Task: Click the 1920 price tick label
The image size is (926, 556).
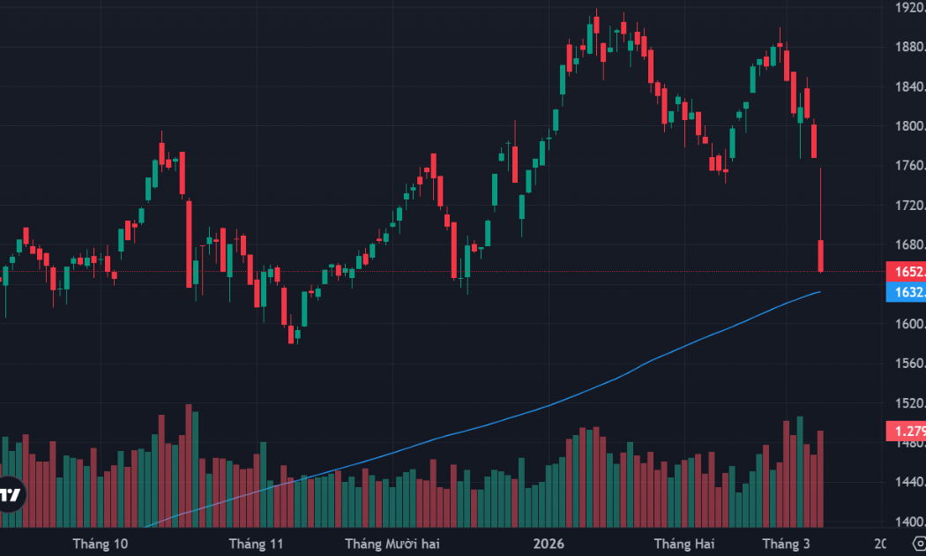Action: coord(908,7)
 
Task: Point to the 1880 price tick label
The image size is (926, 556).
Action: coord(908,47)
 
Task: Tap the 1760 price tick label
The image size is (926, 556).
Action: coord(908,165)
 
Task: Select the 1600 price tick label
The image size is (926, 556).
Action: coord(908,324)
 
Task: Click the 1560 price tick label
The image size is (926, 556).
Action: coord(908,364)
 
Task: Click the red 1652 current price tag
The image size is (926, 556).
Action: coord(906,272)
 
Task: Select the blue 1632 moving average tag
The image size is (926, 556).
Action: coord(906,292)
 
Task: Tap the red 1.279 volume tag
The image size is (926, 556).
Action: coord(906,432)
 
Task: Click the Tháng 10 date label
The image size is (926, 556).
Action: coord(101,543)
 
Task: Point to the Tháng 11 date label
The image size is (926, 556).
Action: coord(256,543)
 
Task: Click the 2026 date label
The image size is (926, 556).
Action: coord(549,543)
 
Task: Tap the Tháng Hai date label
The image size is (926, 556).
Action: coord(683,543)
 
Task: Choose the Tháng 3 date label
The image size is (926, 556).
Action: coord(785,543)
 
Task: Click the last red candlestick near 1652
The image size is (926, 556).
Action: coord(821,255)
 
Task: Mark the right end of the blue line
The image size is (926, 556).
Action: coord(821,291)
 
